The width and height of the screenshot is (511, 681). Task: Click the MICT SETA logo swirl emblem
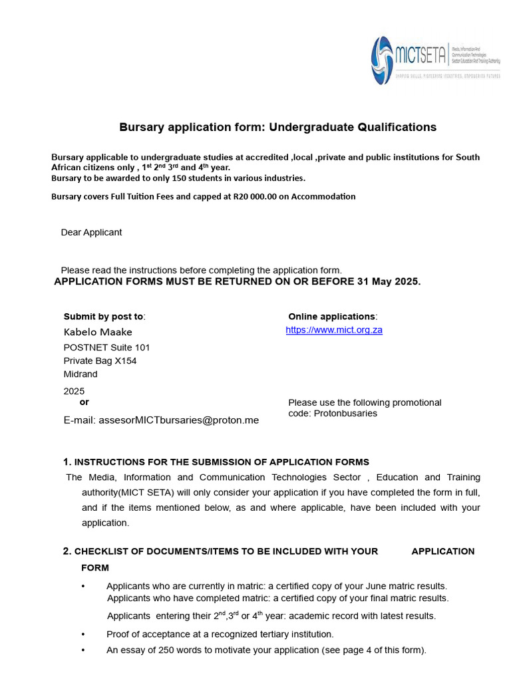pyautogui.click(x=382, y=61)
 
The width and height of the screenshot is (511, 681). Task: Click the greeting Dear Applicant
pyautogui.click(x=91, y=233)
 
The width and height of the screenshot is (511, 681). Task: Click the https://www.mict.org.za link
pyautogui.click(x=334, y=330)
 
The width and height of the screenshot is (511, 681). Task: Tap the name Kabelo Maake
pyautogui.click(x=98, y=332)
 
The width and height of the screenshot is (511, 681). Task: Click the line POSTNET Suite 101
pyautogui.click(x=106, y=347)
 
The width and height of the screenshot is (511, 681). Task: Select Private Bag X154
pyautogui.click(x=100, y=360)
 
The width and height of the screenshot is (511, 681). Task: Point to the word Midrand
pyautogui.click(x=81, y=374)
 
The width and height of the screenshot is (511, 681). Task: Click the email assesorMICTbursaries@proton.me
pyautogui.click(x=178, y=420)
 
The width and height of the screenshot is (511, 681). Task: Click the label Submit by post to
pyautogui.click(x=104, y=317)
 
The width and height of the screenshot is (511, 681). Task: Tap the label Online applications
pyautogui.click(x=331, y=317)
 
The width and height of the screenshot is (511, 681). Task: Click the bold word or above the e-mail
pyautogui.click(x=84, y=402)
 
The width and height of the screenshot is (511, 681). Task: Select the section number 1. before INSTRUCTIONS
pyautogui.click(x=67, y=462)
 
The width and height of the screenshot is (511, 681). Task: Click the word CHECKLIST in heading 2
pyautogui.click(x=100, y=551)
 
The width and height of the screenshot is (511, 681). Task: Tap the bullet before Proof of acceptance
pyautogui.click(x=83, y=634)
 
